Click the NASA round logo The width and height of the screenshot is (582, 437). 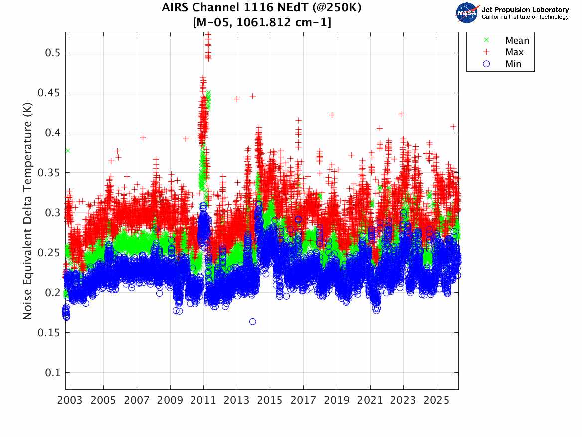click(467, 13)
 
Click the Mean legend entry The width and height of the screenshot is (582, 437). click(517, 41)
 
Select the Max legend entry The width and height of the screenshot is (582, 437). click(514, 52)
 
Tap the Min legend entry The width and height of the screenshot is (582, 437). click(513, 64)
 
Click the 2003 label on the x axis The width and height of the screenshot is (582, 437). click(70, 401)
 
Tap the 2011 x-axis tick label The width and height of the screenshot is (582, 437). click(203, 401)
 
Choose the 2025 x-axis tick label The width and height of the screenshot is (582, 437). click(437, 401)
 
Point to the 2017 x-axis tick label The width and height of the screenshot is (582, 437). click(303, 401)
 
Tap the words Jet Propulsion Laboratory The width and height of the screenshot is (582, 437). click(525, 10)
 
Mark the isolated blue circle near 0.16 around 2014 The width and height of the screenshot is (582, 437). click(253, 322)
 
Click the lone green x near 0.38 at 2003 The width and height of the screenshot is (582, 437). click(68, 150)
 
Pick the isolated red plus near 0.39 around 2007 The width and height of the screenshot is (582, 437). click(143, 138)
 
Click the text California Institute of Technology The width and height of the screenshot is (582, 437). click(525, 17)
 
